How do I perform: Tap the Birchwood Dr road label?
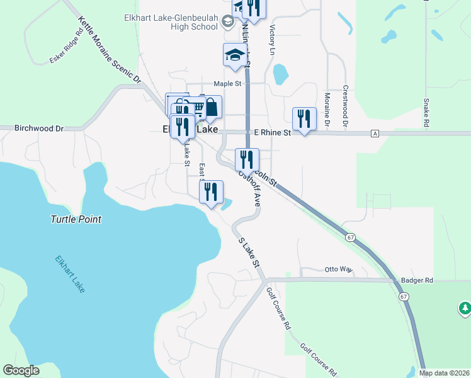39,128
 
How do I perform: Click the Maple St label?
227,83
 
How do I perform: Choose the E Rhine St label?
272,133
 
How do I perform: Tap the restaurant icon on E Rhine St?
304,118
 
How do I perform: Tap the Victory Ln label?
273,39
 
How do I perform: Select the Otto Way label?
338,268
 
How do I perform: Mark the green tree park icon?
465,308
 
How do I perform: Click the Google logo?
21,370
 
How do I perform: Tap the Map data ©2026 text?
444,373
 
